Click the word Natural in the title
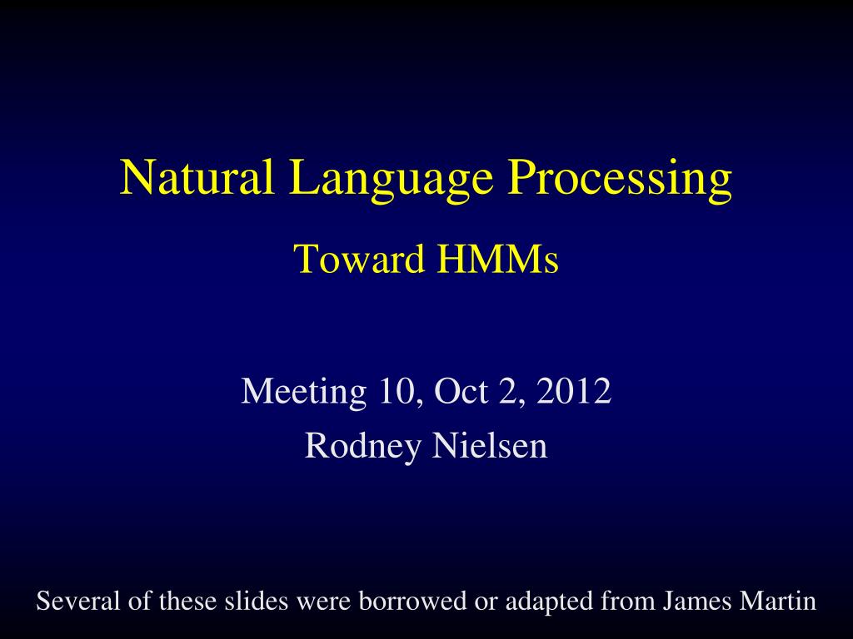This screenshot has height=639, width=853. pos(197,177)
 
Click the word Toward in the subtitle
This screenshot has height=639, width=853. pos(360,259)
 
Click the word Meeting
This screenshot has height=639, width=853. pos(303,391)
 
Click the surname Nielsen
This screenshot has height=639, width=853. pos(490,446)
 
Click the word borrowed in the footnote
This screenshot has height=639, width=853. pos(412,601)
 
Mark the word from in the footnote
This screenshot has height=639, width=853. pos(627,601)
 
